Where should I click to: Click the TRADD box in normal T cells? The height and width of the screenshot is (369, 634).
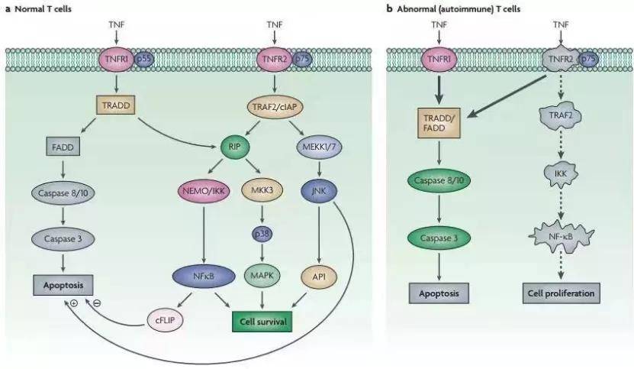[x=116, y=105]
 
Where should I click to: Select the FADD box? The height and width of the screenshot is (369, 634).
[x=63, y=147]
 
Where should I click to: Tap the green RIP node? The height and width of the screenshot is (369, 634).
[x=235, y=146]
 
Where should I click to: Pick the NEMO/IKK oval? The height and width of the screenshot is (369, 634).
[x=204, y=190]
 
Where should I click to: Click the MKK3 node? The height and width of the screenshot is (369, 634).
[x=262, y=189]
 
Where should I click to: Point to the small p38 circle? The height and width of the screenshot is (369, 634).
[x=262, y=234]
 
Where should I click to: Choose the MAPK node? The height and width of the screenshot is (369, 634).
[x=262, y=276]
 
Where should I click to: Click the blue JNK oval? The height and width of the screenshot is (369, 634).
[x=319, y=190]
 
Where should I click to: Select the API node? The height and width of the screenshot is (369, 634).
[x=319, y=277]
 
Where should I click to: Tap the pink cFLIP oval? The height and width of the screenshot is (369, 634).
[x=165, y=320]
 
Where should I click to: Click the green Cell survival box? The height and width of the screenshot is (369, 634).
[x=262, y=322]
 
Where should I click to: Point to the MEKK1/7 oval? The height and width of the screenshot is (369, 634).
[x=319, y=146]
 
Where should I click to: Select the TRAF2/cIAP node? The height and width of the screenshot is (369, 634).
[x=275, y=106]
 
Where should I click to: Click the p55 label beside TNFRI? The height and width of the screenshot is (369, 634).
[x=143, y=59]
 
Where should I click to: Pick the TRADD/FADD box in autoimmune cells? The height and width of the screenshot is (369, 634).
[x=439, y=123]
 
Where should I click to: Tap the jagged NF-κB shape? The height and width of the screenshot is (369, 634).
[x=562, y=235]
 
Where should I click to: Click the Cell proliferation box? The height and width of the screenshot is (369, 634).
[x=562, y=293]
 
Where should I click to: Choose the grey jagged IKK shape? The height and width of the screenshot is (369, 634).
[x=561, y=173]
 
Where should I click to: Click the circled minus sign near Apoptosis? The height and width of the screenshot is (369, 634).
[x=97, y=303]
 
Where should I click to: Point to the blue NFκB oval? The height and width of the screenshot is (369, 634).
[x=204, y=277]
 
